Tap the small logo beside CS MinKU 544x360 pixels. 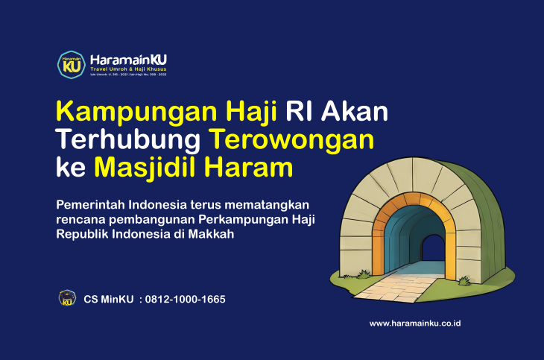pos(67,299)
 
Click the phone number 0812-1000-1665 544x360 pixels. pos(186,300)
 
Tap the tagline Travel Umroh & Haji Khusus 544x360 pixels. pos(127,69)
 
